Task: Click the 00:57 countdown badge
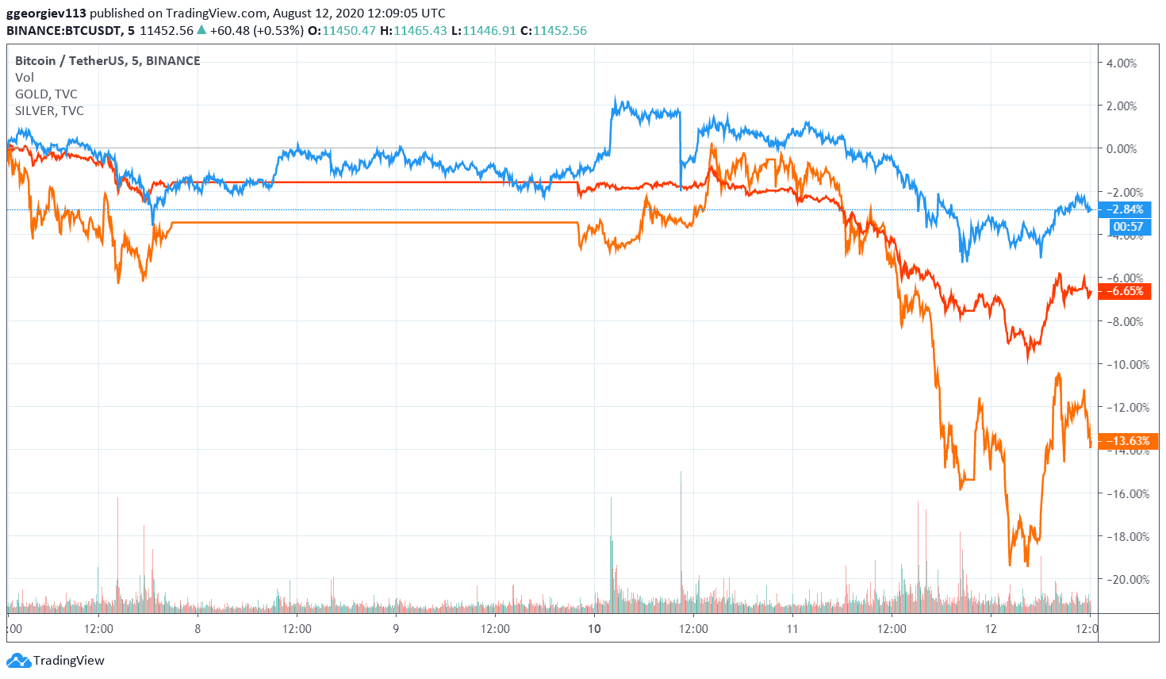click(1128, 227)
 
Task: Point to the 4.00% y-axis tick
click(1122, 63)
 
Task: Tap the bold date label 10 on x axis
click(594, 629)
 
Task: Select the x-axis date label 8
click(198, 629)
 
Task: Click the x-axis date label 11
click(792, 629)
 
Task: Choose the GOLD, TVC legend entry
click(46, 94)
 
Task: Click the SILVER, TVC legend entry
click(49, 111)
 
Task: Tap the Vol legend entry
click(25, 78)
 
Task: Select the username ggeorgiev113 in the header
click(46, 13)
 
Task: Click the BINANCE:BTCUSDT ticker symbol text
click(64, 31)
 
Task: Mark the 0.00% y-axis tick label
click(1122, 149)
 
